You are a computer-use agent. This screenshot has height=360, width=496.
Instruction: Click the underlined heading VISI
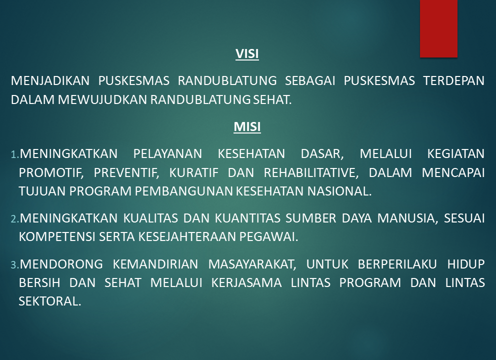(x=247, y=54)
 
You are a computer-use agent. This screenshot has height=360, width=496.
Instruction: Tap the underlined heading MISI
(x=247, y=126)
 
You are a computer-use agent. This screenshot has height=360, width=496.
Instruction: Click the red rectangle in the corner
(x=438, y=28)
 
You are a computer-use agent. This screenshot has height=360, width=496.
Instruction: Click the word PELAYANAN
(x=167, y=153)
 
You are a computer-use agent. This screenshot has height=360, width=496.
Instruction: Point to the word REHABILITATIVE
(x=311, y=172)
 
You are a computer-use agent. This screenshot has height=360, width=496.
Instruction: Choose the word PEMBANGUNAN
(x=184, y=191)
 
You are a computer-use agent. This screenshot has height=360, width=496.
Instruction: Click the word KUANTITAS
(x=247, y=218)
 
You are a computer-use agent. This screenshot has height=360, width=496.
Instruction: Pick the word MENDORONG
(x=61, y=264)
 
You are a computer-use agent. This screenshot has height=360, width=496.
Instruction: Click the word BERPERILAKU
(x=397, y=264)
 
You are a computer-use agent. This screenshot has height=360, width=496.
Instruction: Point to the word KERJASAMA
(x=246, y=282)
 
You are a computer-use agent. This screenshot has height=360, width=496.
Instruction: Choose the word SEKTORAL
(x=50, y=301)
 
